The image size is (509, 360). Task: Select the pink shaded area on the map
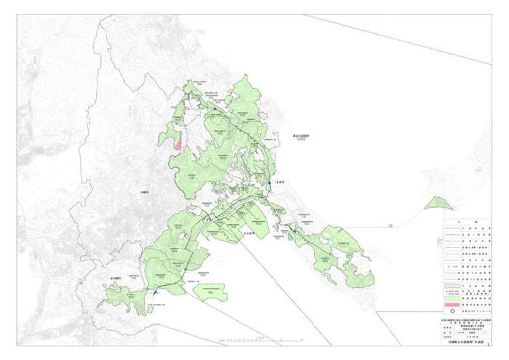(178, 143)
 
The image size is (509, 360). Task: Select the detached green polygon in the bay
(211, 290)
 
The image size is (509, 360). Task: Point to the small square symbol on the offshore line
(391, 225)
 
